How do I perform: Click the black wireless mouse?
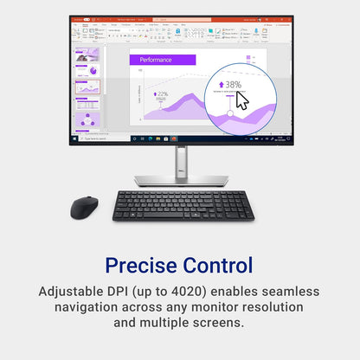click(x=84, y=206)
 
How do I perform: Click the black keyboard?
click(x=183, y=205)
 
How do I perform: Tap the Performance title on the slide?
click(x=157, y=60)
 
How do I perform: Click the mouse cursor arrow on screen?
click(x=241, y=100)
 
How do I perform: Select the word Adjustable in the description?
click(x=74, y=292)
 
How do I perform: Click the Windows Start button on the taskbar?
click(x=74, y=138)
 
